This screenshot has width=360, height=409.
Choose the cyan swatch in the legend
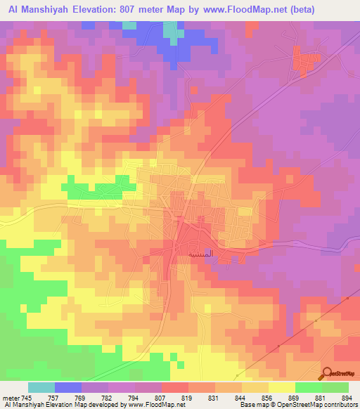coord(41,387)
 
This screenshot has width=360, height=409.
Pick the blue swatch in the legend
coord(68,387)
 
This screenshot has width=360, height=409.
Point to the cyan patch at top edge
coord(171,31)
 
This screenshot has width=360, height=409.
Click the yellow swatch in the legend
coord(282,387)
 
